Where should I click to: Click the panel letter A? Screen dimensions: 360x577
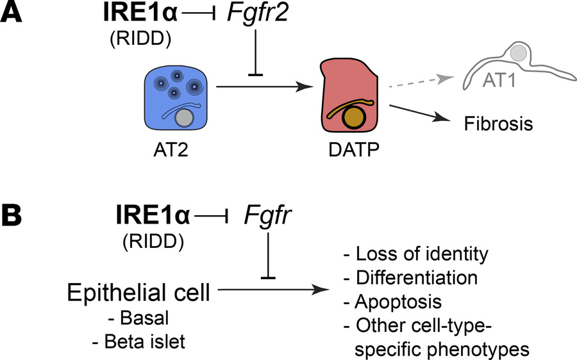coord(15,15)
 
